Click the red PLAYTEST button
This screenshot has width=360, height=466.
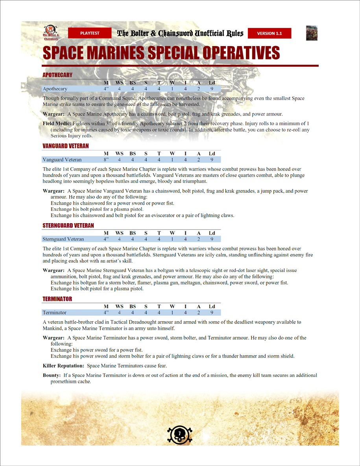(90, 33)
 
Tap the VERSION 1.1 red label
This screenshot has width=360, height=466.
(270, 33)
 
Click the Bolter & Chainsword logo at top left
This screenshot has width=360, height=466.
(50, 33)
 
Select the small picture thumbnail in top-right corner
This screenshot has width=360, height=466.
(312, 33)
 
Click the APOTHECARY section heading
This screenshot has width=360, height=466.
(57, 75)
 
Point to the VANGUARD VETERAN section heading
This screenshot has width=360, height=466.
(66, 146)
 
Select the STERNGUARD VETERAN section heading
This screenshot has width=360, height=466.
(68, 226)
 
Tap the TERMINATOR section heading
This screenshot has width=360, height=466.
(57, 299)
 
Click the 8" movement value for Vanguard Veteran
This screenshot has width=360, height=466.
(106, 160)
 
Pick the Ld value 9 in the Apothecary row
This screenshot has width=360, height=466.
(212, 89)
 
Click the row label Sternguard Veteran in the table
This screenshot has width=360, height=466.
(63, 239)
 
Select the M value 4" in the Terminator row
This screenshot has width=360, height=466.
(106, 313)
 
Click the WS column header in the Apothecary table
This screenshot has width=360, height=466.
(119, 83)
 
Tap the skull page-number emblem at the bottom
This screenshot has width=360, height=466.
(180, 434)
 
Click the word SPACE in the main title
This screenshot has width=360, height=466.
(65, 53)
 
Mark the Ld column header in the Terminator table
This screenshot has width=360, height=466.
(212, 306)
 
